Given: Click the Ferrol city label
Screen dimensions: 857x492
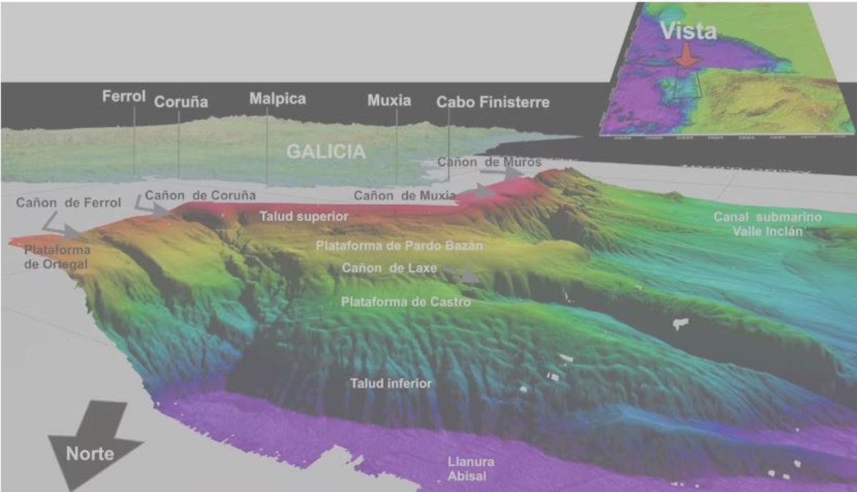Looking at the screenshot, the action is (124, 96).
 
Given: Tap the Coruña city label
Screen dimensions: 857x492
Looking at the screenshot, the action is (181, 102).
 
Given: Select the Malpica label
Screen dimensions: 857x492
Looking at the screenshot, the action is (277, 99).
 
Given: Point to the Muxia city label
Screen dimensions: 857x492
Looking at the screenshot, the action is (389, 101).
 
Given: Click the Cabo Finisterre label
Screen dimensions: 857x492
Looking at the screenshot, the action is (493, 102).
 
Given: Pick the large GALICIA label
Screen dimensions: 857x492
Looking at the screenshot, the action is (326, 151).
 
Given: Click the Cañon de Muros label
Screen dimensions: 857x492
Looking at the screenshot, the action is (489, 163).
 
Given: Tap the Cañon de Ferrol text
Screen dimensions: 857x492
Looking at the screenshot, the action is (69, 203).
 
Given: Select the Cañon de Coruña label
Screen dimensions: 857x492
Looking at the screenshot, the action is (200, 195).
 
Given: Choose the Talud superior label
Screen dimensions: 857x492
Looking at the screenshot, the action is (304, 216).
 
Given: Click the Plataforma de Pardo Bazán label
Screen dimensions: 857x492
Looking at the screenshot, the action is (399, 246).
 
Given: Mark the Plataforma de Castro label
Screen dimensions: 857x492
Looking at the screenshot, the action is (406, 302).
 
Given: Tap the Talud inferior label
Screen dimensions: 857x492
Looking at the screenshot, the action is (391, 383).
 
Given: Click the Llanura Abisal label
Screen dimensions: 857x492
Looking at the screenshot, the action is (470, 468).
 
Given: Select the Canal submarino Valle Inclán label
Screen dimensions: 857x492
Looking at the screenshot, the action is (768, 224).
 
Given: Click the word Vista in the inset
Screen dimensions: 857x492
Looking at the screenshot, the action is (688, 30).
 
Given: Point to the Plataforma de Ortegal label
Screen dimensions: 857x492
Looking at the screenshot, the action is (57, 257).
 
